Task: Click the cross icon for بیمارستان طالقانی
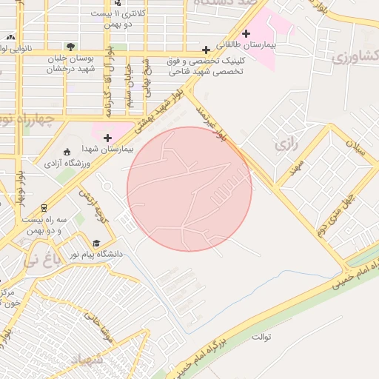click(x=246, y=33)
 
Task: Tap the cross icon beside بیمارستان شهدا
click(x=108, y=138)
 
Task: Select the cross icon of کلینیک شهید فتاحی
click(x=206, y=50)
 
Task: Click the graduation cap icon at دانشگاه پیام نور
click(x=96, y=243)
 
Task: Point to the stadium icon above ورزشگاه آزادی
click(x=67, y=151)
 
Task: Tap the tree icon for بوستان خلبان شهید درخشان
click(x=70, y=47)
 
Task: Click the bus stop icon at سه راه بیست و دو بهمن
click(x=44, y=208)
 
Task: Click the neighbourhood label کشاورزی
click(x=355, y=56)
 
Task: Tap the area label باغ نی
click(x=38, y=260)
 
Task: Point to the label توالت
click(x=261, y=338)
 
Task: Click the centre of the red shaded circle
click(x=189, y=189)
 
